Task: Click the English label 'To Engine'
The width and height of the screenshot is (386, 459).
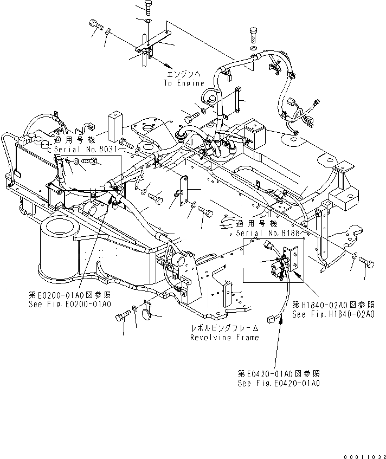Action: pos(184,83)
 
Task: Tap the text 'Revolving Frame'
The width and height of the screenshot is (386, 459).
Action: pos(224,337)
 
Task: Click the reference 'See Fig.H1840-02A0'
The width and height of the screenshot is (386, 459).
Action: pos(333,314)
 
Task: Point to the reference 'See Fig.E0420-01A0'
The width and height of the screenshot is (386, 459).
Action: pos(279,383)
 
